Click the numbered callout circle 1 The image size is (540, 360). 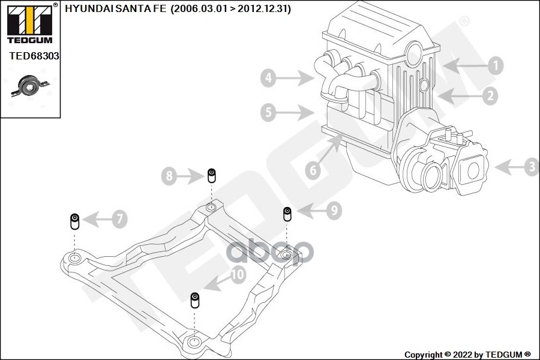point(496,65)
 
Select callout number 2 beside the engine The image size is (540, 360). point(490,96)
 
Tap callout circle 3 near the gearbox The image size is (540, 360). point(532,167)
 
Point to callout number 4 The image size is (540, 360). point(268,78)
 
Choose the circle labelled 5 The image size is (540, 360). point(268,112)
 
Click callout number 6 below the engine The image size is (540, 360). point(313,170)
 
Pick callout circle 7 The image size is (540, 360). point(119,219)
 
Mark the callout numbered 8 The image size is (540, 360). point(169,176)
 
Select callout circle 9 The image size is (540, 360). point(334,210)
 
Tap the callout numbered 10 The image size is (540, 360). point(238,275)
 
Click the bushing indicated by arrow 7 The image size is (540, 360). point(75,221)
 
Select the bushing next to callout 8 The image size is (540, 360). point(212,176)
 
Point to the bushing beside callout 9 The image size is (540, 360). point(287,214)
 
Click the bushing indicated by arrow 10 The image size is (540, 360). point(195,300)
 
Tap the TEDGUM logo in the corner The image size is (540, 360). point(30,24)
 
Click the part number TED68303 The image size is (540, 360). point(34,56)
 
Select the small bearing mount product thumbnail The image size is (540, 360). point(31,86)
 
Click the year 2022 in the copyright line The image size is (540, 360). point(463,355)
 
